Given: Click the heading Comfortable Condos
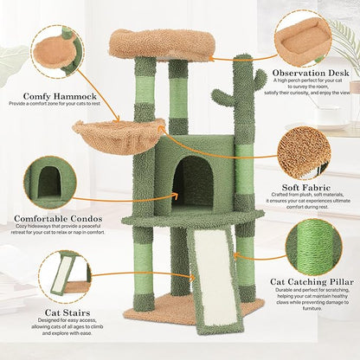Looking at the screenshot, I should tap(54, 219).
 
